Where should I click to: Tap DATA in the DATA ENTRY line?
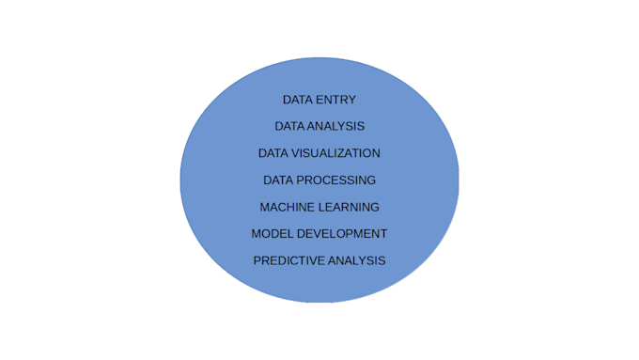298,100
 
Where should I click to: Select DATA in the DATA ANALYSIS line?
290,126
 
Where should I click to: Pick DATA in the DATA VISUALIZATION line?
274,153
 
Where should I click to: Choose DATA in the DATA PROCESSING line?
279,180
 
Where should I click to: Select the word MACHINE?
286,207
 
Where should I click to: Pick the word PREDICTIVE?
287,260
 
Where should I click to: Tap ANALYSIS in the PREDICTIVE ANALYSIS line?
354,260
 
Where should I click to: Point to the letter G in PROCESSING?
371,180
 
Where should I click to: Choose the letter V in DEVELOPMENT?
320,233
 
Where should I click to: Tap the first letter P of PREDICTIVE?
258,260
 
